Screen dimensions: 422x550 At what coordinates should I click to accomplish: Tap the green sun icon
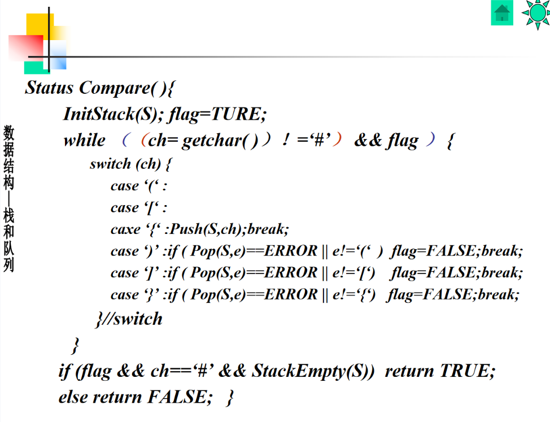(x=535, y=12)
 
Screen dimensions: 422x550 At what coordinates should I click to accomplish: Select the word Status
(x=49, y=88)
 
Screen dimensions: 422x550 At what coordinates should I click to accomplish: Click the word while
(x=84, y=140)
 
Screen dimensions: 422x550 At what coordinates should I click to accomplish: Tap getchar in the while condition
(x=211, y=141)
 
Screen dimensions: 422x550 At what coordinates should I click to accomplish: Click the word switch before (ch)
(x=111, y=164)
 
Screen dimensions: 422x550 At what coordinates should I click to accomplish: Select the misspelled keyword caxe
(x=125, y=229)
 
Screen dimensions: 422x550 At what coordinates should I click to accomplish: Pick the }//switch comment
(x=129, y=319)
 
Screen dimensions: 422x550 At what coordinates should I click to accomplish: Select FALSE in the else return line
(x=176, y=397)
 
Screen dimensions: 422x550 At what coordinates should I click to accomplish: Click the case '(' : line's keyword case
(x=124, y=186)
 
